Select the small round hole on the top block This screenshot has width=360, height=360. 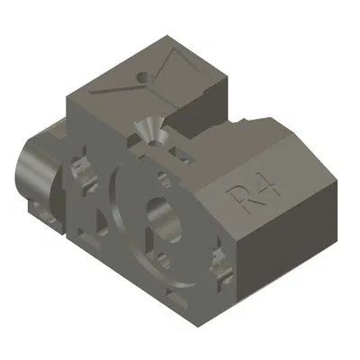(142, 78)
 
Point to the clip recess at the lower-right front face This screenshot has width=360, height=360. (217, 270)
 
